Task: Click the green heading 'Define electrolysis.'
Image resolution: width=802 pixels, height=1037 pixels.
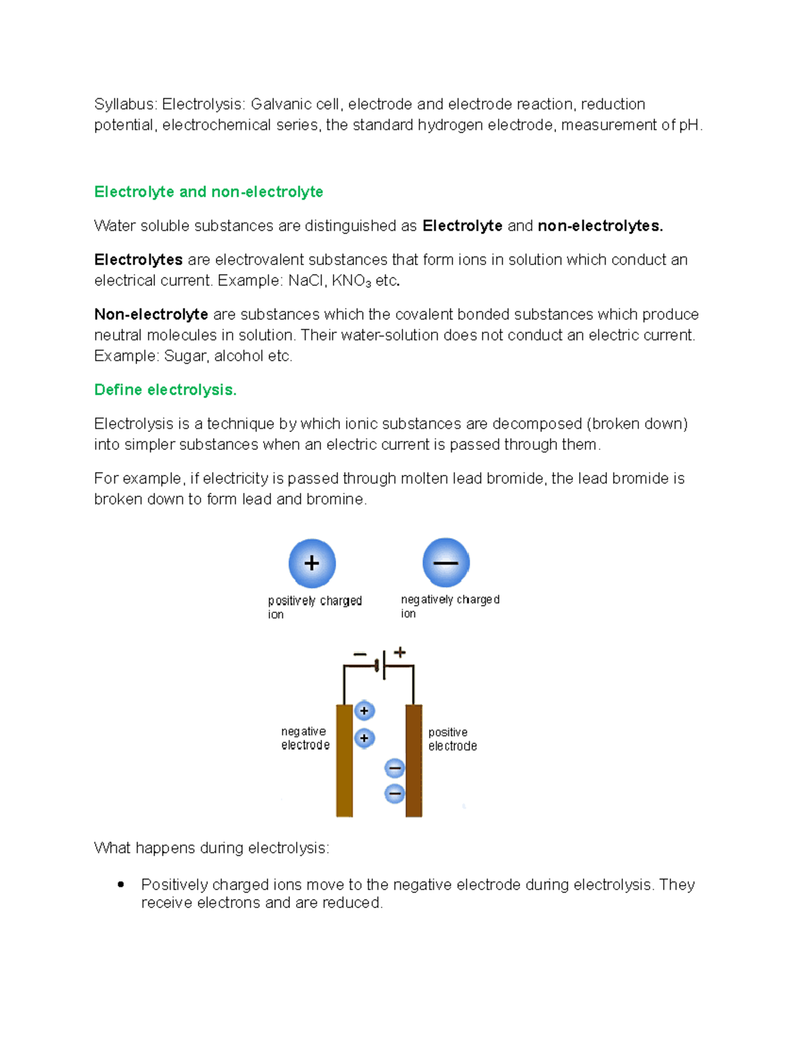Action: point(165,390)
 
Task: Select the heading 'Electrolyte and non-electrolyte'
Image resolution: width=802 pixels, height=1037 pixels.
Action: point(209,192)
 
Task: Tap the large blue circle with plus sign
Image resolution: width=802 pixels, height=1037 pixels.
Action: point(312,564)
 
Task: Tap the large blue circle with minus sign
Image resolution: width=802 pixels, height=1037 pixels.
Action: point(446,563)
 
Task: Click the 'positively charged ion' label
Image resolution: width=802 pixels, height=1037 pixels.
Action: point(314,607)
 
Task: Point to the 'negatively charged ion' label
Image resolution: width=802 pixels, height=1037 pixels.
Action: point(449,606)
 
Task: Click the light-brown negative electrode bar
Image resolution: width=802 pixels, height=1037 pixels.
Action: point(344,761)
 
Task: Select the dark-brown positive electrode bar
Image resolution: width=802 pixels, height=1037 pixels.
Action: point(414,761)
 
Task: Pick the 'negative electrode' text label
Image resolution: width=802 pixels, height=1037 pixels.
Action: point(305,739)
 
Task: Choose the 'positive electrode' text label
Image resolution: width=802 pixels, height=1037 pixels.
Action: point(452,739)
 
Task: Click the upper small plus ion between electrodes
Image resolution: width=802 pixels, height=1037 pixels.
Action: point(364,711)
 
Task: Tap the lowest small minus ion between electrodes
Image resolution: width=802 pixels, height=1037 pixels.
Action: point(395,794)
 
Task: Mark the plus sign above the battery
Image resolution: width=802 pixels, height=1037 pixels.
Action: point(400,652)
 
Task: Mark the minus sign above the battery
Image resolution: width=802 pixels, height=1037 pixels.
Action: point(360,654)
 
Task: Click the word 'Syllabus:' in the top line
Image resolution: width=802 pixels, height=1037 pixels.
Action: point(125,105)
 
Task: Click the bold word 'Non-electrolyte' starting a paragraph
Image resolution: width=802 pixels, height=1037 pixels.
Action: point(151,315)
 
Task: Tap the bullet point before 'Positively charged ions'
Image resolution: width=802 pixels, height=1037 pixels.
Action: point(121,885)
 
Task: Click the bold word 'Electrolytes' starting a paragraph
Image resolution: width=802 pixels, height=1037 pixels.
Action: point(138,260)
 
